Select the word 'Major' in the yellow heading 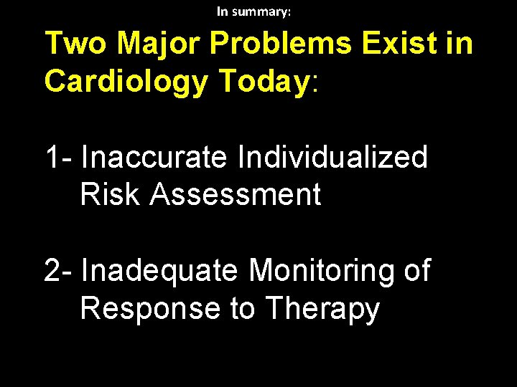[x=158, y=44]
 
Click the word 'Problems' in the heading [x=281, y=44]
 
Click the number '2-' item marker [x=58, y=271]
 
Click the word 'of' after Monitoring [x=414, y=271]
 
